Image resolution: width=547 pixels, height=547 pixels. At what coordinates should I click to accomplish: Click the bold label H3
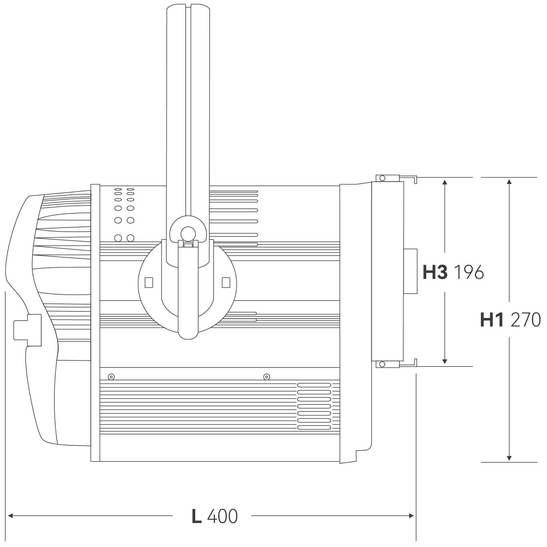pyautogui.click(x=435, y=272)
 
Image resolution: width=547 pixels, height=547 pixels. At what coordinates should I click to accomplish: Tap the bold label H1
pyautogui.click(x=492, y=320)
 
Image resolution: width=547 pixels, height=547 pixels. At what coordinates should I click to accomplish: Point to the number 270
pyautogui.click(x=526, y=320)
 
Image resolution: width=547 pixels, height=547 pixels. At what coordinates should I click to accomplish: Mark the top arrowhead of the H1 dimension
pyautogui.click(x=509, y=181)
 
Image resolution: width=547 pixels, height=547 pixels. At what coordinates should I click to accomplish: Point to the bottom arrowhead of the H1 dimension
pyautogui.click(x=509, y=458)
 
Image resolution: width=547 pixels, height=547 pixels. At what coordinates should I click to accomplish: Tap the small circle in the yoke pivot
pyautogui.click(x=188, y=233)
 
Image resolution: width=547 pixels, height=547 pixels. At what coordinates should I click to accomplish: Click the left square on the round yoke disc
pyautogui.click(x=149, y=283)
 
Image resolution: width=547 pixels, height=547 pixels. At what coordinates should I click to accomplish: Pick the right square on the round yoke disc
pyautogui.click(x=226, y=282)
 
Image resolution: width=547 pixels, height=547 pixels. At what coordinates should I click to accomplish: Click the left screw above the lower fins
pyautogui.click(x=111, y=377)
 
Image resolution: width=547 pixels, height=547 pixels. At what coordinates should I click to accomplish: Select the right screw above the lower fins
pyautogui.click(x=267, y=377)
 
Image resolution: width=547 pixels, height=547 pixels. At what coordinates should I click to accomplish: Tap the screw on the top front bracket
pyautogui.click(x=382, y=178)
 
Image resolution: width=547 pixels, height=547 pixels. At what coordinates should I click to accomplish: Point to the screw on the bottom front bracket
pyautogui.click(x=382, y=364)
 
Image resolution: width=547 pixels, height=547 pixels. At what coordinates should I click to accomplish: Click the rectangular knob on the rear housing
pyautogui.click(x=28, y=330)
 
